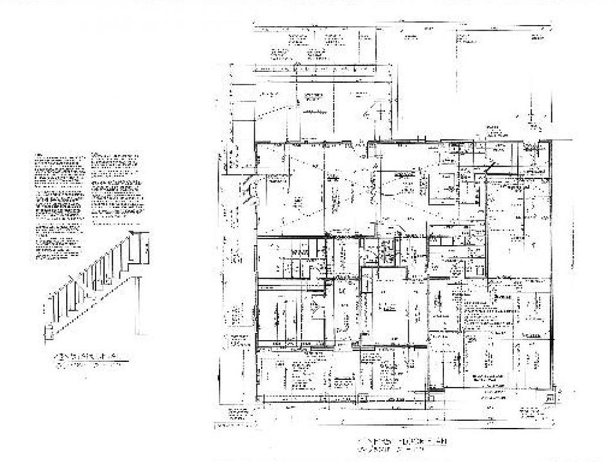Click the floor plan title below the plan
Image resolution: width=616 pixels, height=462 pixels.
coord(404,441)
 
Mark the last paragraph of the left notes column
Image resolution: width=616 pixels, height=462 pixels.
coord(58,246)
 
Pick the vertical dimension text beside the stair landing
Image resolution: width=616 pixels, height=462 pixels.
coord(147,250)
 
